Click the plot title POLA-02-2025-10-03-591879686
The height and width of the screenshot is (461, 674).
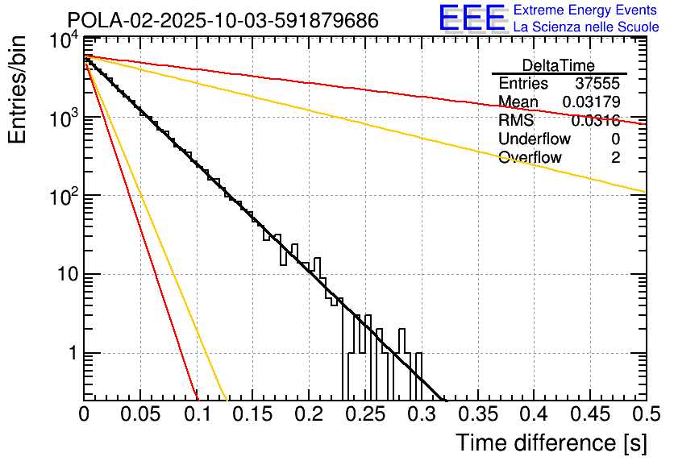[x=223, y=21]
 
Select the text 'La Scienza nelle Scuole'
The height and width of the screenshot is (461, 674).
[x=586, y=27]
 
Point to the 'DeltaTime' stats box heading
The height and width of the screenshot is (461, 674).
[x=559, y=65]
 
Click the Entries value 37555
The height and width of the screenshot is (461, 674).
[x=597, y=84]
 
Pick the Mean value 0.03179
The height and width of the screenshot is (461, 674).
[x=591, y=102]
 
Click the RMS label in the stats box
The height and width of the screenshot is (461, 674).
[x=516, y=121]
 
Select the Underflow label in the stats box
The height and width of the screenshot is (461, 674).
[x=534, y=139]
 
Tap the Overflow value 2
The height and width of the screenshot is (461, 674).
[x=615, y=158]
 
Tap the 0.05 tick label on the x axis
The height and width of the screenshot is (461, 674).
[x=140, y=414]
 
